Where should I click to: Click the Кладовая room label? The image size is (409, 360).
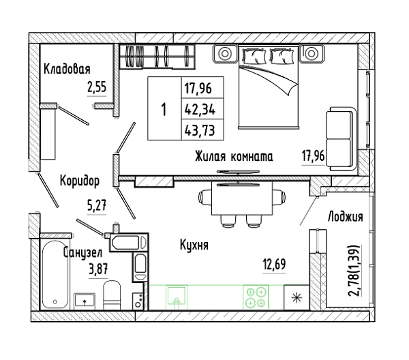coord(67,69)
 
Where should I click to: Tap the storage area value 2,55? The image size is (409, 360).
coord(97,87)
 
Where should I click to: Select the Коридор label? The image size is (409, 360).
coord(80,181)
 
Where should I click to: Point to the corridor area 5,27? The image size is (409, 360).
coord(97,205)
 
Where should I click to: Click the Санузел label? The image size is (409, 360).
coord(82,253)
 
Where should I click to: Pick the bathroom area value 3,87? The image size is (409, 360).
coord(98,269)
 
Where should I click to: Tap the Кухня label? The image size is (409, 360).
coord(194,245)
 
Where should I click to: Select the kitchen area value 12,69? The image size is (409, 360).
coord(274,264)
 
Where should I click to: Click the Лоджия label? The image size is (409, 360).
coord(346,217)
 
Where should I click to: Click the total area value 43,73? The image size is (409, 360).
coord(200,130)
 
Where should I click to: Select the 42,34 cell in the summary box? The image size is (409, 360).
coord(200,109)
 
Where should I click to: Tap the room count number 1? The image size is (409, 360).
coord(164,109)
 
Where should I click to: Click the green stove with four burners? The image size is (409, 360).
coord(256,297)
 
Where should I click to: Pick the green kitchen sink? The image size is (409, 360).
coord(177,297)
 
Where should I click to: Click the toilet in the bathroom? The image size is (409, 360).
coord(112,295)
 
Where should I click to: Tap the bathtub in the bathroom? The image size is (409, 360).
coord(55,275)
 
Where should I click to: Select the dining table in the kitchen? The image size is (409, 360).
coord(242,198)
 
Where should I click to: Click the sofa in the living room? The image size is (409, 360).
coord(341,139)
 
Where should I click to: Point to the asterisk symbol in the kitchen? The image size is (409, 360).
coord(297,298)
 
